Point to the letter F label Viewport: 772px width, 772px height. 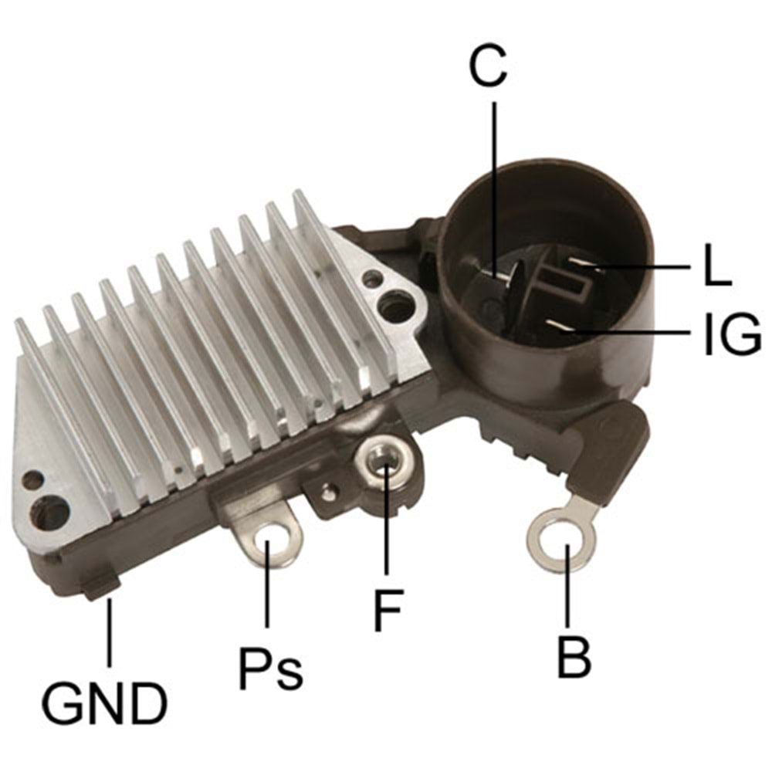pos(388,610)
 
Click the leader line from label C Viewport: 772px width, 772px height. pos(493,185)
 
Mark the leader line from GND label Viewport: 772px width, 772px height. pos(109,633)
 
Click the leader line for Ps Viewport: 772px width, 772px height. pos(268,587)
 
